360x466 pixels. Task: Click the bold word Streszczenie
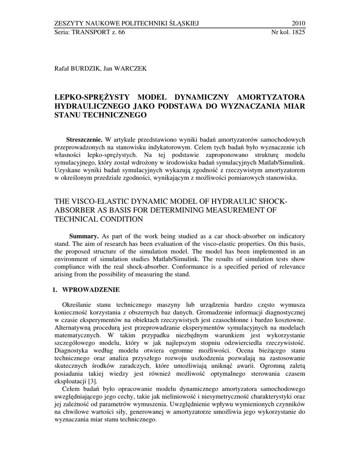(x=85, y=139)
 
